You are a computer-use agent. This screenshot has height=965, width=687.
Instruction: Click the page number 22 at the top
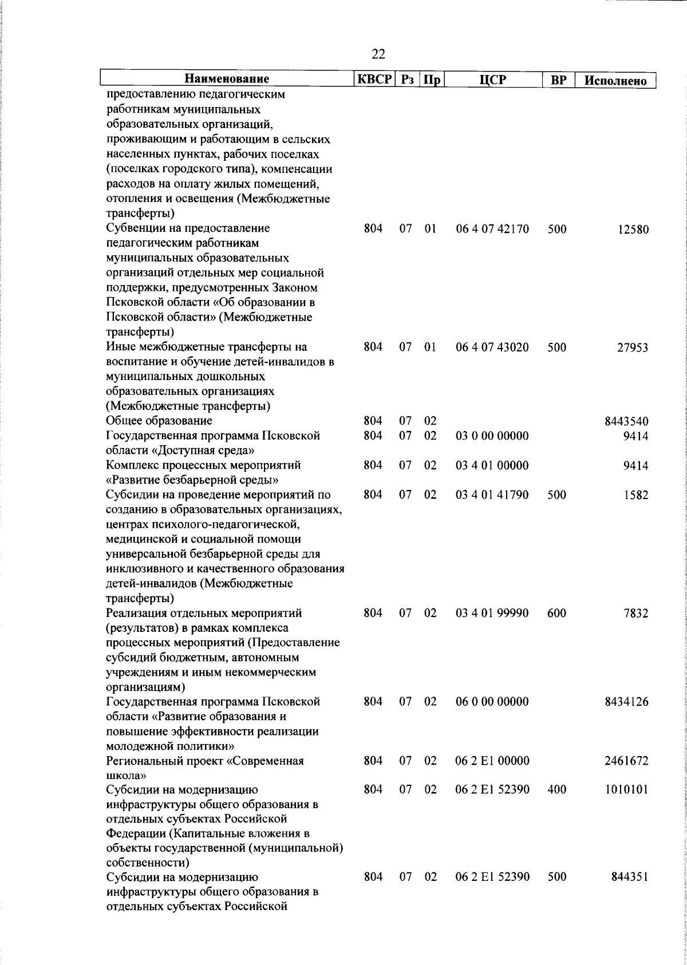pos(378,54)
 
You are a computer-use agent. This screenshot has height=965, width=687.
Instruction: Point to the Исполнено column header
pos(615,80)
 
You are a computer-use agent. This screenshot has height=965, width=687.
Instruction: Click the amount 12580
pos(633,230)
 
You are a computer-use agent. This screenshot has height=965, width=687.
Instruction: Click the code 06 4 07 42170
pos(492,230)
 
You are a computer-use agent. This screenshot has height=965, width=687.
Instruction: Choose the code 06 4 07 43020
pos(492,347)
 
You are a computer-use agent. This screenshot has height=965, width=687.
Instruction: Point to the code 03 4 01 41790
pos(492,495)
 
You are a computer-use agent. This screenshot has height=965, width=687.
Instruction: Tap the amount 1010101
pos(626,790)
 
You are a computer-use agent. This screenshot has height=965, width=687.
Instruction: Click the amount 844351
pos(629,893)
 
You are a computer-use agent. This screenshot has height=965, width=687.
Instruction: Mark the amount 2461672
pos(626,761)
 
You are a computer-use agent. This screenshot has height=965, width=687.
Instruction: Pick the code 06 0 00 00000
pos(492,702)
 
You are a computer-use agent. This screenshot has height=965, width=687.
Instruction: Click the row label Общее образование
pos(159,421)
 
